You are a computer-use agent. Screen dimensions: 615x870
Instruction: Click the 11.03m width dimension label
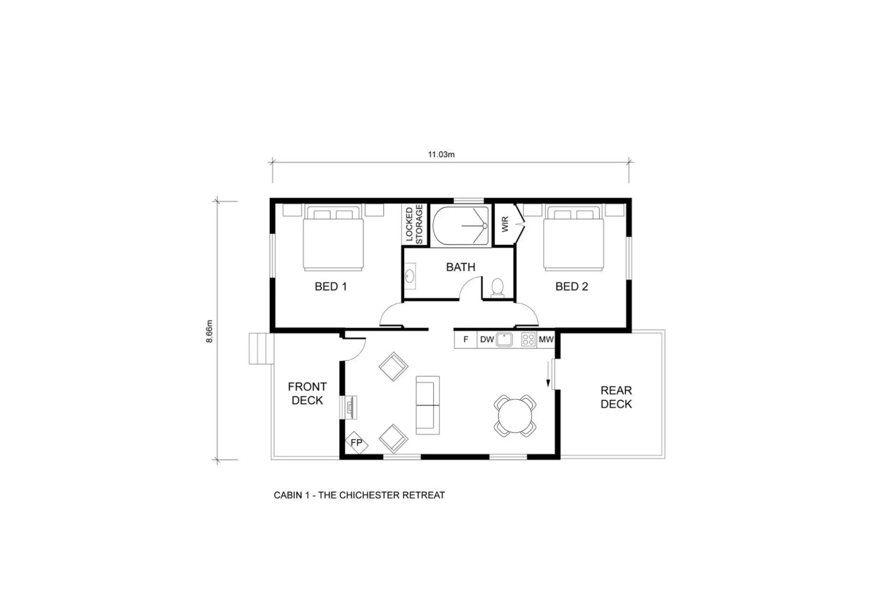[x=441, y=154]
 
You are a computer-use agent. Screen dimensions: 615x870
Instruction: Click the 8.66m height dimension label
[x=210, y=331]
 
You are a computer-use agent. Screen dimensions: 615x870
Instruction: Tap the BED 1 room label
[x=331, y=286]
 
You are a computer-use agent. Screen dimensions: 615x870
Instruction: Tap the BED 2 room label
[x=571, y=286]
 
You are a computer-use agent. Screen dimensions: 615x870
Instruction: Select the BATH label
[x=460, y=267]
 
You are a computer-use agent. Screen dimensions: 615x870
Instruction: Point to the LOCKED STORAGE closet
[x=414, y=224]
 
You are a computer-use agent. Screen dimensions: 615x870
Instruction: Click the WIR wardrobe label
[x=504, y=224]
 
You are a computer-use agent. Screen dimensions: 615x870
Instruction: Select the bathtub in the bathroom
[x=461, y=225]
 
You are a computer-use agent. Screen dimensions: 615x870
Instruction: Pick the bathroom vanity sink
[x=410, y=276]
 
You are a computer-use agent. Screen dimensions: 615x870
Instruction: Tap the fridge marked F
[x=465, y=340]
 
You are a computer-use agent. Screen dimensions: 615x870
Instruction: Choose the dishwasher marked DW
[x=487, y=340]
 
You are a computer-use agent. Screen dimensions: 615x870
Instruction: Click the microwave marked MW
[x=545, y=340]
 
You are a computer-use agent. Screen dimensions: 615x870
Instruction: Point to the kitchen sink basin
[x=504, y=340]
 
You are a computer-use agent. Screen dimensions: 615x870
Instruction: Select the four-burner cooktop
[x=528, y=340]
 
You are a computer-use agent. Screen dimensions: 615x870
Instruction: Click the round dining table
[x=515, y=416]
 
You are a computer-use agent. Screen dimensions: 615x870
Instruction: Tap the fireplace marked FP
[x=356, y=442]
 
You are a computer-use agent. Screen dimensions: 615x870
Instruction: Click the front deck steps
[x=261, y=348]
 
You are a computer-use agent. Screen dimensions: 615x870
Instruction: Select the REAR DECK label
[x=616, y=397]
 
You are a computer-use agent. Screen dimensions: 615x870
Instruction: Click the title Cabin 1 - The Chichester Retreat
[x=359, y=495]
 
